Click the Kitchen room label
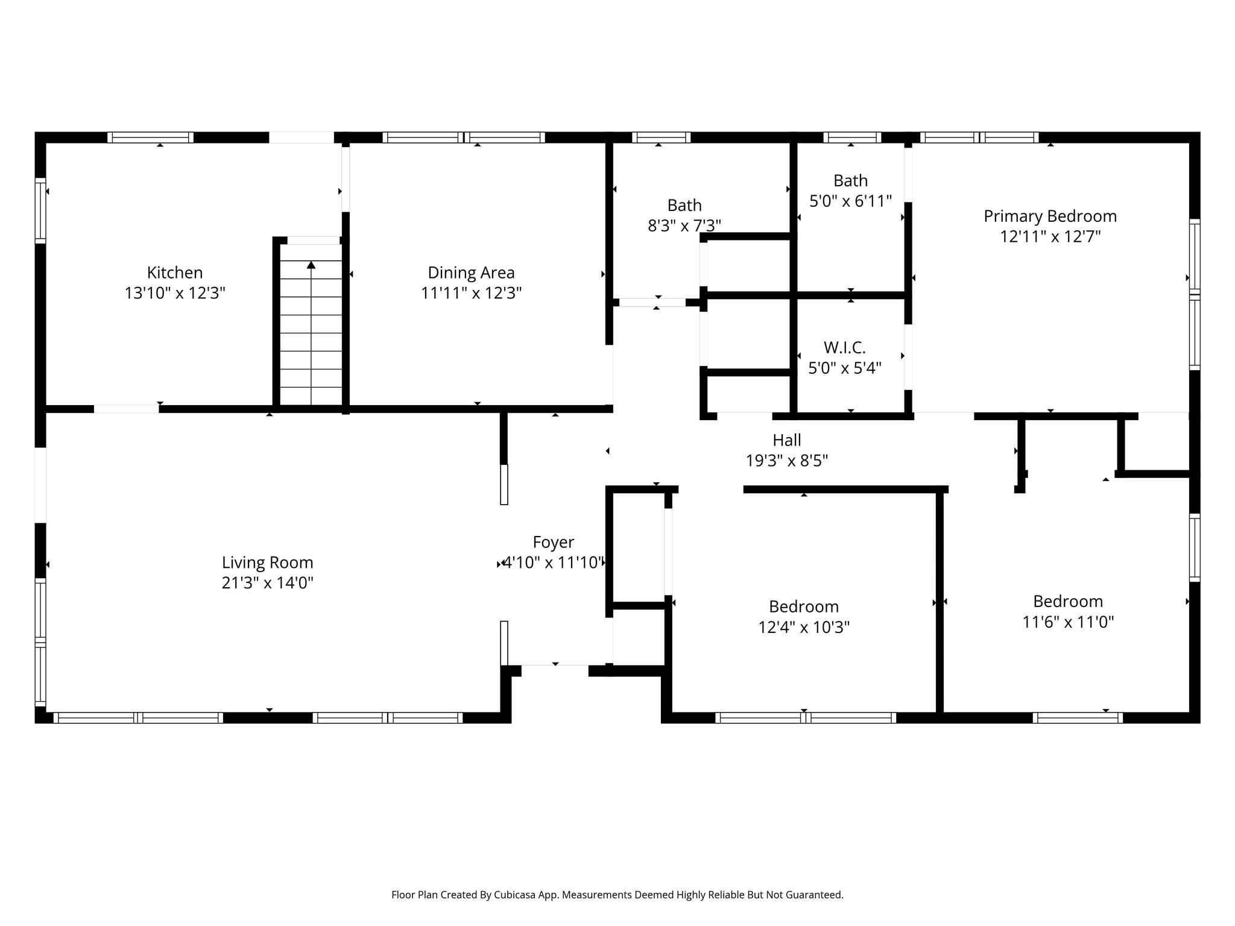(175, 272)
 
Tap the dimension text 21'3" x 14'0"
(267, 583)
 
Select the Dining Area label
(471, 273)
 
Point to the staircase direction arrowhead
(311, 265)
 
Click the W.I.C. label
(844, 348)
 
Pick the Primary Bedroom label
(1050, 216)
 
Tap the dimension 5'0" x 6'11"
(850, 201)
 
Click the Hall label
(786, 440)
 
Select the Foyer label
(553, 542)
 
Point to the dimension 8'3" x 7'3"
(684, 226)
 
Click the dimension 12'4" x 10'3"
(803, 628)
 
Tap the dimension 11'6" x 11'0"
(1067, 622)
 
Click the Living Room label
(267, 562)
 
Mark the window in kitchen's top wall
(150, 137)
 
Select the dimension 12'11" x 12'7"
(1050, 237)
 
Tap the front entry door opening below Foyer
(555, 666)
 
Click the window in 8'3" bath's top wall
(661, 137)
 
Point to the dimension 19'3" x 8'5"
(786, 461)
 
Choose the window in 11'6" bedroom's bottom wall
(1077, 717)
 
